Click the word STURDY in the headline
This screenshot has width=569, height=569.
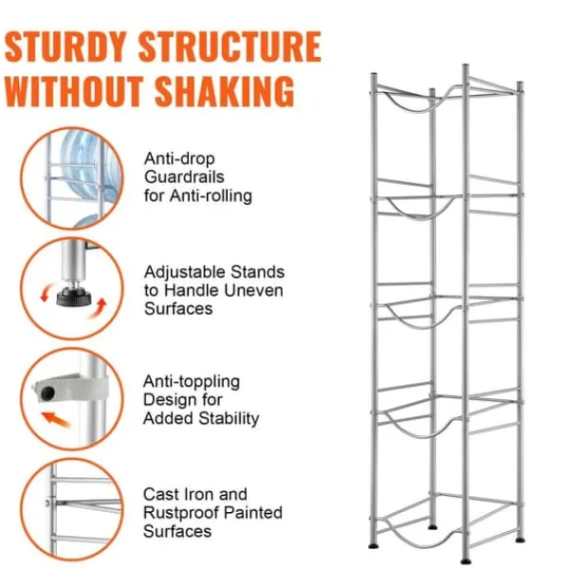[x=65, y=46]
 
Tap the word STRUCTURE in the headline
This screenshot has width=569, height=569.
[x=230, y=46]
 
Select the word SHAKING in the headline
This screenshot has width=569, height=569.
[x=225, y=91]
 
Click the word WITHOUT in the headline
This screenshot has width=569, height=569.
[x=74, y=91]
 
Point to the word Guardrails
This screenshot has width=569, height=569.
[x=184, y=177]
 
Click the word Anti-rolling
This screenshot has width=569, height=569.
[x=211, y=196]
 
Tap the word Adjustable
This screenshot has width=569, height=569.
[x=184, y=272]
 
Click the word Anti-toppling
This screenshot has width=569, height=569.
[x=192, y=382]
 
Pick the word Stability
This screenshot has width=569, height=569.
[x=229, y=418]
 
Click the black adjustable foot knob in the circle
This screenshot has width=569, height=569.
[x=74, y=297]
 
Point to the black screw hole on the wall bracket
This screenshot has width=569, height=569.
[x=47, y=393]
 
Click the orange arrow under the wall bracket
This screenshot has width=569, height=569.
[x=56, y=419]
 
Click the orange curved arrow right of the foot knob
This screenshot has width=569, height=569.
[x=98, y=307]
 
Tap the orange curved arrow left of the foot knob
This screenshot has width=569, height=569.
[x=46, y=292]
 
